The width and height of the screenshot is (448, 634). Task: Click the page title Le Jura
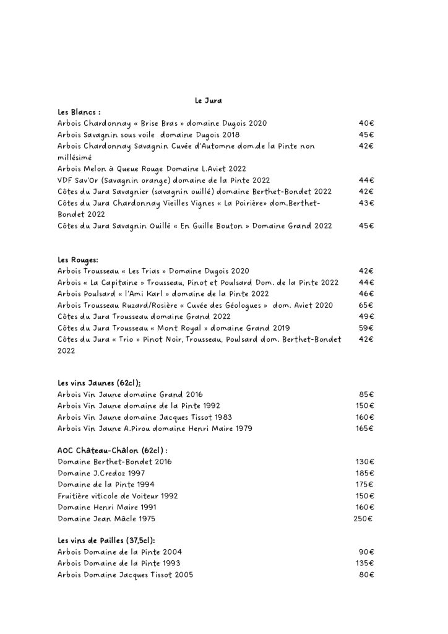208,101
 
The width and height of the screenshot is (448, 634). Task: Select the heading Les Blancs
79,112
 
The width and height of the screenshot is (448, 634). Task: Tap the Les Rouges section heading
78,259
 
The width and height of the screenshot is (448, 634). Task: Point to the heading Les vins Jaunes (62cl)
103,383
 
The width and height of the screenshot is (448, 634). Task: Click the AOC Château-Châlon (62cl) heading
113,450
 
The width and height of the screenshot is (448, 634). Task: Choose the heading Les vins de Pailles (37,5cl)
106,540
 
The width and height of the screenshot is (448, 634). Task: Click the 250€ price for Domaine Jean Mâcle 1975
363,518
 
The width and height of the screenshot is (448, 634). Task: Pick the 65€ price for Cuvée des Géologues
366,305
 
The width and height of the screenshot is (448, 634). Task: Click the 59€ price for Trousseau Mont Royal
366,328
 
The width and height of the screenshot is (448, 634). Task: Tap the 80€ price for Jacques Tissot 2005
366,575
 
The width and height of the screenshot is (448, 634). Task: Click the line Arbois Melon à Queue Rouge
143,168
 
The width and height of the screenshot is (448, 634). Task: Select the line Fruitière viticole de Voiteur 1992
118,496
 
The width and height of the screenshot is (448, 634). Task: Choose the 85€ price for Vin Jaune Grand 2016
366,394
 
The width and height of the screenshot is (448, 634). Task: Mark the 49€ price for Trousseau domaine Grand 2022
366,316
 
